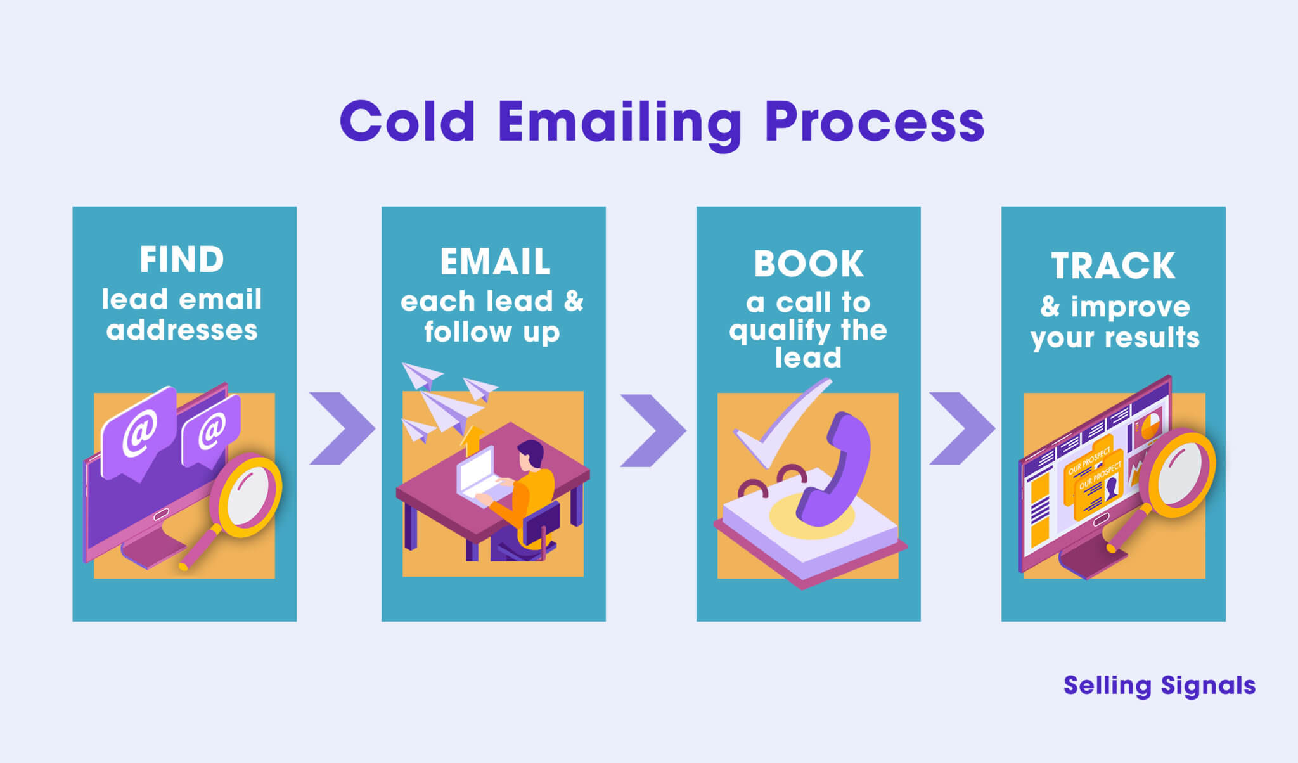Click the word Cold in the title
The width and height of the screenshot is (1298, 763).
pyautogui.click(x=407, y=122)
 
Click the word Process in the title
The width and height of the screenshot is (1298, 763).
pyautogui.click(x=874, y=122)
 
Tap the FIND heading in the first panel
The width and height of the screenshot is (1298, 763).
pyautogui.click(x=182, y=260)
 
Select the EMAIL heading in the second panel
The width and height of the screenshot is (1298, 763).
pyautogui.click(x=495, y=262)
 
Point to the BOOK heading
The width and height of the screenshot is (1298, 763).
pyautogui.click(x=808, y=264)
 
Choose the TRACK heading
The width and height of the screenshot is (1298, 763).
pyautogui.click(x=1113, y=266)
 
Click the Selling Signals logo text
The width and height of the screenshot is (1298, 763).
pyautogui.click(x=1159, y=686)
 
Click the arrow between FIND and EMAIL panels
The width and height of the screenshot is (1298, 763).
pyautogui.click(x=342, y=428)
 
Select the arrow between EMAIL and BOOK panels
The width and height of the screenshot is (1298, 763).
pyautogui.click(x=653, y=430)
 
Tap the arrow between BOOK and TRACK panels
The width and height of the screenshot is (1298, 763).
pyautogui.click(x=961, y=428)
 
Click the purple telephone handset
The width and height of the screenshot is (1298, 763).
pyautogui.click(x=837, y=469)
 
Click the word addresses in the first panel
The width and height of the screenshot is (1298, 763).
pyautogui.click(x=182, y=330)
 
